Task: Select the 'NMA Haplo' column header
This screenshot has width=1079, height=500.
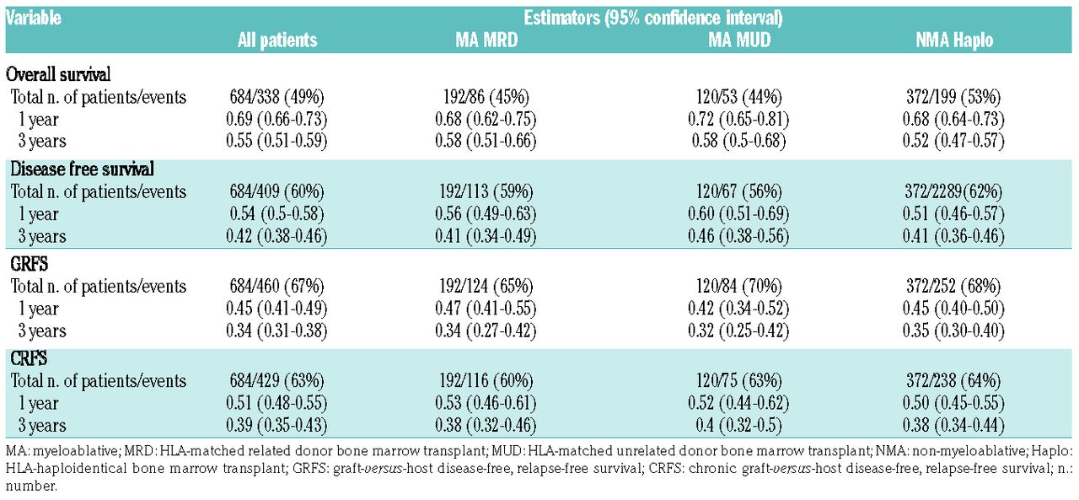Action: pos(953,40)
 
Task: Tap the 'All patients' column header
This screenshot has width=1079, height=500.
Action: pos(276,40)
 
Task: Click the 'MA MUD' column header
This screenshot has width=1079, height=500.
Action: pos(739,40)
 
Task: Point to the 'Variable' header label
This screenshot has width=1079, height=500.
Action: pos(35,17)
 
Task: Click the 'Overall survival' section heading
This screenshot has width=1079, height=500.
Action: pos(62,73)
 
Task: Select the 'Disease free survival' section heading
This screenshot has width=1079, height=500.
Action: pos(82,169)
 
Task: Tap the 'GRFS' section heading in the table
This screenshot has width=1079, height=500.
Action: pos(30,265)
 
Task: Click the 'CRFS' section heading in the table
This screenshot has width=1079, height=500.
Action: pos(30,359)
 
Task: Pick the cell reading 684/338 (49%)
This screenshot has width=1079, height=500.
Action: pos(276,97)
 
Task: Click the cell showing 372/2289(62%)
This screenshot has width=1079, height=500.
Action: pos(953,191)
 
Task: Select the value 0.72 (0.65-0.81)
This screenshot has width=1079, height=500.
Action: pos(739,119)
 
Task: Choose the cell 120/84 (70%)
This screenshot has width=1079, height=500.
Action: pos(739,287)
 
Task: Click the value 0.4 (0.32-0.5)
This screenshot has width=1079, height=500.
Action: pos(739,425)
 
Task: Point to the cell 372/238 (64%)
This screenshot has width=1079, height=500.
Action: pos(953,381)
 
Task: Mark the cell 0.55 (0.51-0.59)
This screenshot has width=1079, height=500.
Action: pos(276,141)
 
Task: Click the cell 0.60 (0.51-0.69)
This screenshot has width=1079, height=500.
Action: pos(739,214)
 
